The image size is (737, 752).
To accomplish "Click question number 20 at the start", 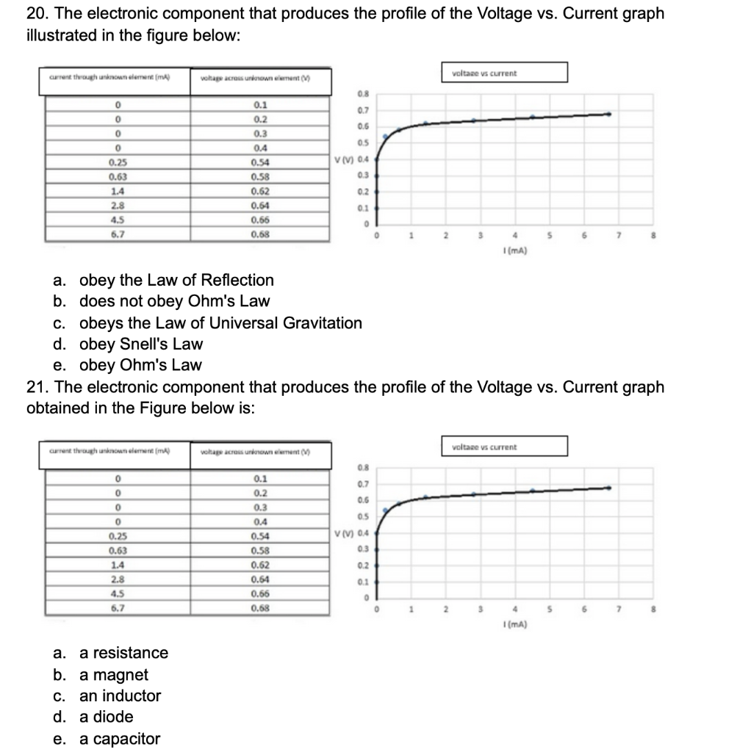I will (x=37, y=14).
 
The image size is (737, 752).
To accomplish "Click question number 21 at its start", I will (x=37, y=387).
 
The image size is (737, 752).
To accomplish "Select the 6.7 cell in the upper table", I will (x=116, y=234).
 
